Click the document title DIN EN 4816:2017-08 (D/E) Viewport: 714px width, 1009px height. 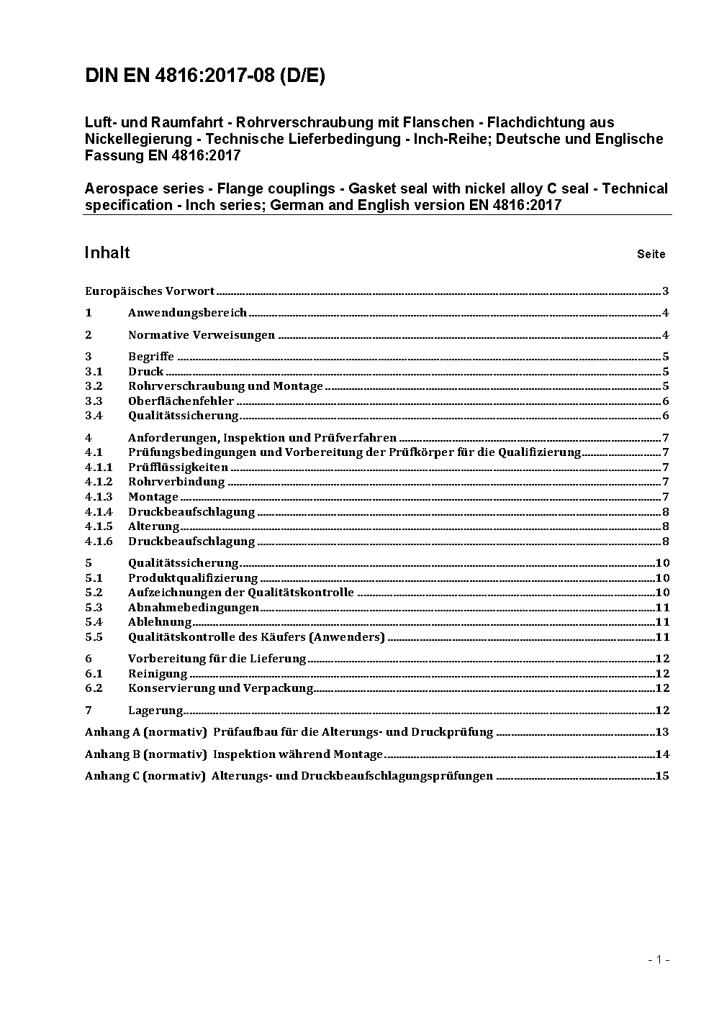tap(205, 76)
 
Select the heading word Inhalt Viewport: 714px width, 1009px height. tap(107, 252)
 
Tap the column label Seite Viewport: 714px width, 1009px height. tap(651, 254)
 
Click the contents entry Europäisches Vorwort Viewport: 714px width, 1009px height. tap(150, 291)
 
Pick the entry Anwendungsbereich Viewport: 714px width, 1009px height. tap(187, 313)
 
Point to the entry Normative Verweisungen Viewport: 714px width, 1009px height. tap(202, 335)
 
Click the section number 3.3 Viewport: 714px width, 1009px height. tap(94, 401)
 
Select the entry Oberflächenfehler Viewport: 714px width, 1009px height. tap(181, 401)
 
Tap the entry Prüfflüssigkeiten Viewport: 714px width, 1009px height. tap(178, 467)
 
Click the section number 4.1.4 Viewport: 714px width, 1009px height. tap(99, 512)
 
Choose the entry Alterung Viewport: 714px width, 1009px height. tap(153, 526)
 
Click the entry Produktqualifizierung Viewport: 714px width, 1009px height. tap(193, 578)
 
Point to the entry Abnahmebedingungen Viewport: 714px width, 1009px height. tap(193, 608)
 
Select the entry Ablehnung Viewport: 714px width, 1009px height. tap(160, 622)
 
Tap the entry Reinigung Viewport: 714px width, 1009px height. tap(158, 674)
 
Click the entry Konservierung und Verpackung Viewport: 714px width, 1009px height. tap(220, 688)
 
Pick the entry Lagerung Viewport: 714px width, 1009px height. tap(155, 711)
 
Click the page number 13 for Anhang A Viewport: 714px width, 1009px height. tap(662, 732)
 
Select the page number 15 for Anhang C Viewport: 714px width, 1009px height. tap(662, 776)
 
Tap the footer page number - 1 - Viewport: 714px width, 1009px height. tap(659, 959)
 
